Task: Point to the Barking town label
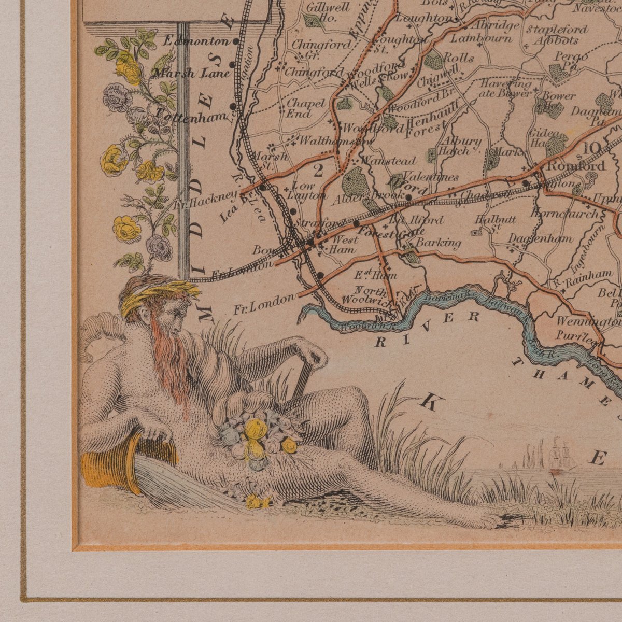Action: [438, 243]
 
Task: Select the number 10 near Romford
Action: [593, 149]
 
